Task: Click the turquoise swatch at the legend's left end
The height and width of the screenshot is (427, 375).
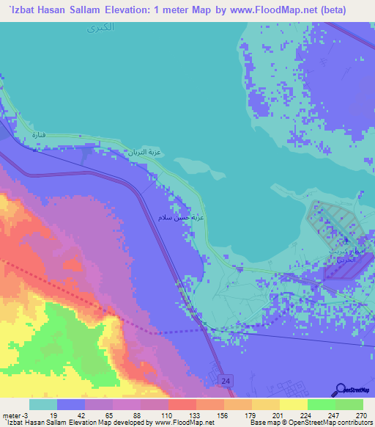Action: point(42,404)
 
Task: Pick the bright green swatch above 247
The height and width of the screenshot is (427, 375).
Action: point(321,404)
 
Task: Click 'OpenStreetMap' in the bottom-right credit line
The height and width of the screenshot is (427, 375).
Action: point(328,423)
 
